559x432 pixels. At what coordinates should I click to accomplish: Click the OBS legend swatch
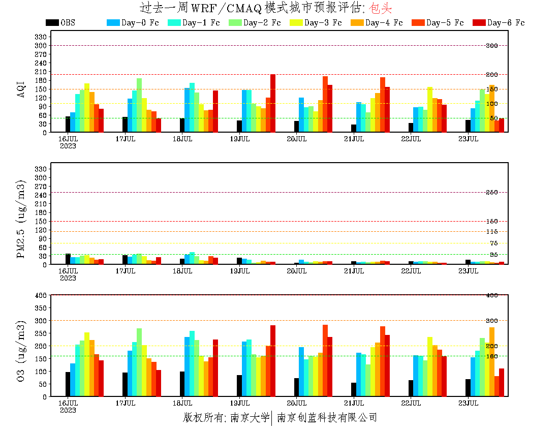pyautogui.click(x=52, y=23)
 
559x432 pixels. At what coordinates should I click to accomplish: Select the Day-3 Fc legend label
pyautogui.click(x=323, y=23)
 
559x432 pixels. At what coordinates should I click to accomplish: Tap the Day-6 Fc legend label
pyautogui.click(x=506, y=23)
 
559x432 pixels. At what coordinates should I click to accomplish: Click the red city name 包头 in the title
pyautogui.click(x=382, y=8)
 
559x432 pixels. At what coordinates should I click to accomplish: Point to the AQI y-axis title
pyautogui.click(x=21, y=87)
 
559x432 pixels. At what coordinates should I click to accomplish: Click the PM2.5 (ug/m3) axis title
pyautogui.click(x=21, y=219)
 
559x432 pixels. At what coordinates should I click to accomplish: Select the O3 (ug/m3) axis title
pyautogui.click(x=21, y=351)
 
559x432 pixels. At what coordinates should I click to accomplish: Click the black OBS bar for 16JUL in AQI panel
pyautogui.click(x=68, y=125)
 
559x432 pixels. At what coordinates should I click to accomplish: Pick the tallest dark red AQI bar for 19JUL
pyautogui.click(x=273, y=104)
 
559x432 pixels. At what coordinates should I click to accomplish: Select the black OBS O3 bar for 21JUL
pyautogui.click(x=354, y=389)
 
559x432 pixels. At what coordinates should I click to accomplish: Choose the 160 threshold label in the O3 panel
pyautogui.click(x=491, y=356)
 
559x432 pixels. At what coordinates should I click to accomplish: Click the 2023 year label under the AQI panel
pyautogui.click(x=68, y=146)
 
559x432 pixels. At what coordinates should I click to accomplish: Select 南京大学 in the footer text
pyautogui.click(x=250, y=418)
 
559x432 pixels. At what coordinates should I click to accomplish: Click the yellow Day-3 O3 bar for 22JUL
pyautogui.click(x=430, y=367)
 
